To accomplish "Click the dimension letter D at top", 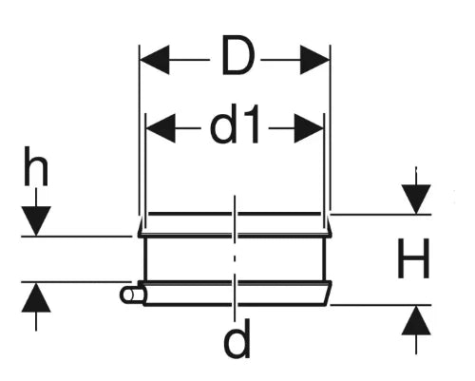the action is point(237,55).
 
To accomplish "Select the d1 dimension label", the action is point(235,124).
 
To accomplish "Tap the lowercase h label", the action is point(36,165).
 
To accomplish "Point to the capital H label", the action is point(413,258).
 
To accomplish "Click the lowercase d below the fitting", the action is point(237,338).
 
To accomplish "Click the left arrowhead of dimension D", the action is point(155,60).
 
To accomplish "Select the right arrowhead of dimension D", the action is point(314,60).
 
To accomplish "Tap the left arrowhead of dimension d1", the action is point(161,128).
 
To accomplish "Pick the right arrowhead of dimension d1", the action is point(309,128).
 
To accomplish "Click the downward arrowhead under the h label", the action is point(36,221).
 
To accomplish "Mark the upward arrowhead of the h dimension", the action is point(36,297).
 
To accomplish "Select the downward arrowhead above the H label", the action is point(416,200).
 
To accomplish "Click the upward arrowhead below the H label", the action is point(416,320).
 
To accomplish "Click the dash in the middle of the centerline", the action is point(235,258).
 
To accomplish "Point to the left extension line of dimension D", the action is point(140,130).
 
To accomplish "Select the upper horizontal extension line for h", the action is point(76,237).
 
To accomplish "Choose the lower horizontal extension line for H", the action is point(381,305).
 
